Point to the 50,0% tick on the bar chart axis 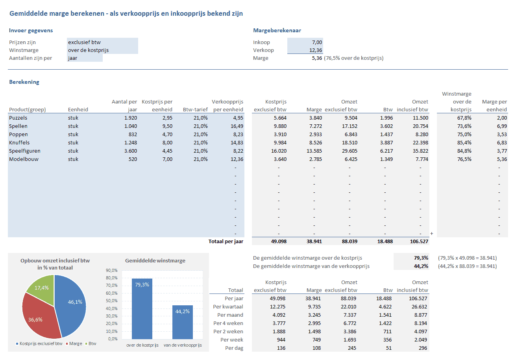(112, 301)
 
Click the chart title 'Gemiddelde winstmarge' (155, 260)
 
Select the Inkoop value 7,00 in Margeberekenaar (305, 42)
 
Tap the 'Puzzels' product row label (18, 118)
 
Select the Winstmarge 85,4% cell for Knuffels (463, 142)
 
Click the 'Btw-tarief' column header (195, 109)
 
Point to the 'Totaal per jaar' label (226, 242)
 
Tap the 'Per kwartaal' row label (228, 306)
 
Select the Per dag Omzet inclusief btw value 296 (423, 348)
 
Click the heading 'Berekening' (24, 82)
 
